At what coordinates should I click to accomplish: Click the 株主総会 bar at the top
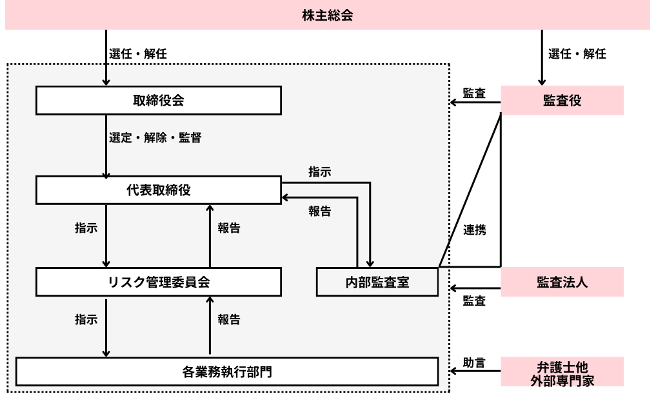pyautogui.click(x=327, y=15)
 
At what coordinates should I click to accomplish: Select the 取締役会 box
pyautogui.click(x=158, y=100)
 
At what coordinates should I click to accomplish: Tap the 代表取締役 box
pyautogui.click(x=158, y=190)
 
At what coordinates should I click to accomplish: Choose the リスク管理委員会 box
pyautogui.click(x=158, y=282)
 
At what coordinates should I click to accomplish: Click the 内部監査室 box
pyautogui.click(x=377, y=282)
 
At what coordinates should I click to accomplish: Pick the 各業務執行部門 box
pyautogui.click(x=226, y=371)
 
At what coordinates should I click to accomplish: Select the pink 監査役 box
pyautogui.click(x=562, y=100)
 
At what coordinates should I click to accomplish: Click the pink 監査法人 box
pyautogui.click(x=562, y=282)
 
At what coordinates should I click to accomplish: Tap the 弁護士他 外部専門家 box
pyautogui.click(x=562, y=372)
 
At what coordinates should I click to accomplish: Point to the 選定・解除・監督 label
pyautogui.click(x=155, y=138)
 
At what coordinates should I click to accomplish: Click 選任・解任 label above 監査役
pyautogui.click(x=577, y=54)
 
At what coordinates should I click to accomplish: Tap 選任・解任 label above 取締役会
pyautogui.click(x=138, y=54)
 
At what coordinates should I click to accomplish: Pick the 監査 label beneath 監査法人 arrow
pyautogui.click(x=474, y=300)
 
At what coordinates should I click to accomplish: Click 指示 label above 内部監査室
pyautogui.click(x=320, y=172)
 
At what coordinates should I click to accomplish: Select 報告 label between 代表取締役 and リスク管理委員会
pyautogui.click(x=229, y=228)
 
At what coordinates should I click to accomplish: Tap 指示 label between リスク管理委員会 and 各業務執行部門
pyautogui.click(x=86, y=319)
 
